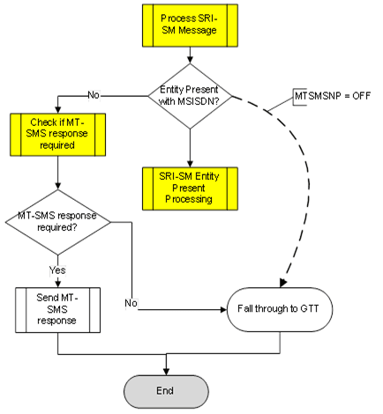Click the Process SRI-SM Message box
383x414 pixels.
pos(189,28)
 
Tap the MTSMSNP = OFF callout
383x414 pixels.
pos(330,94)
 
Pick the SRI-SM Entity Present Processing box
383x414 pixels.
pos(189,186)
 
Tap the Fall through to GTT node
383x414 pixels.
pos(281,309)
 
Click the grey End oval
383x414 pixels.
pos(168,388)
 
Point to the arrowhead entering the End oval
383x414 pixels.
pos(168,371)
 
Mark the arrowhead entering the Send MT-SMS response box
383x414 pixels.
pos(57,283)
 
